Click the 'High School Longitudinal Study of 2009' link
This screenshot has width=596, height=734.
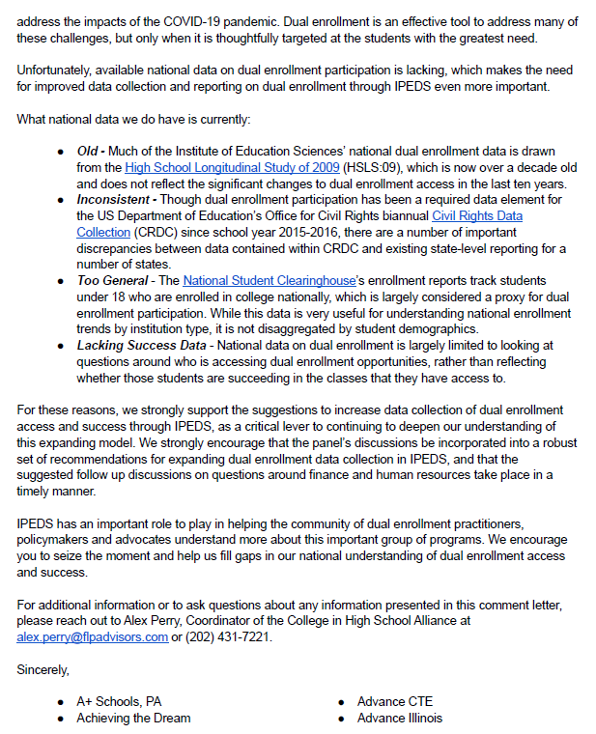pos(233,167)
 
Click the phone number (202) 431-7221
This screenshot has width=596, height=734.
pos(232,637)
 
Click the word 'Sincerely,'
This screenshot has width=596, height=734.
pos(43,668)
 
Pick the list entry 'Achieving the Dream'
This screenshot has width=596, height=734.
pos(133,718)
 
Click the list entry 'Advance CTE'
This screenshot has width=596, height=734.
pos(394,701)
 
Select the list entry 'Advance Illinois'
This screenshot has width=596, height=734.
pos(400,718)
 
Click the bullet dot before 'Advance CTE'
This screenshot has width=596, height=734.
pos(345,701)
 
